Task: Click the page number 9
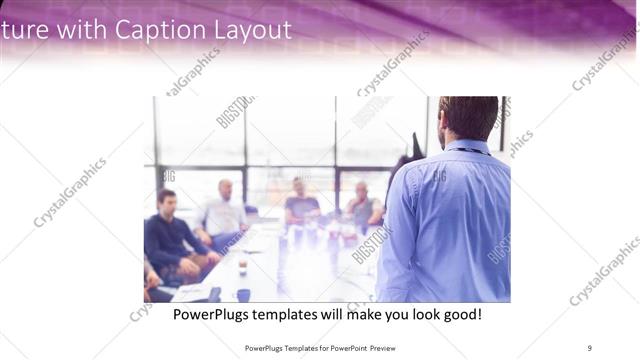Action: (x=590, y=347)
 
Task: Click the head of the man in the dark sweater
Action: (x=167, y=200)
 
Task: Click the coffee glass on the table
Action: (x=242, y=265)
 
